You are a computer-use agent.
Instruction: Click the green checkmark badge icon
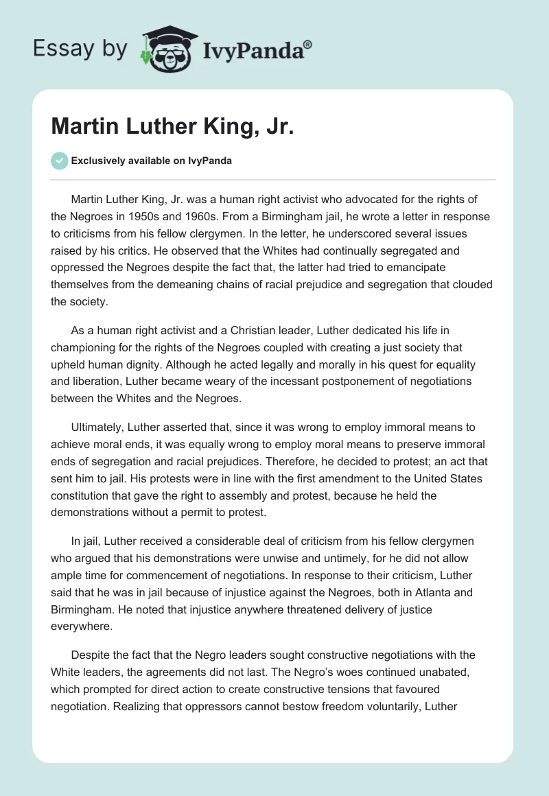[59, 161]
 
